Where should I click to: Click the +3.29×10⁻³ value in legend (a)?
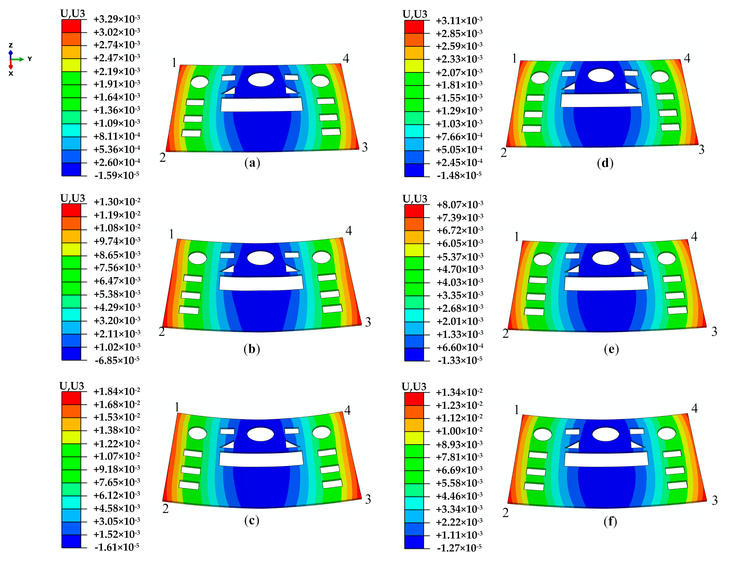pos(116,19)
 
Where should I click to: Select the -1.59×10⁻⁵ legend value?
pos(116,175)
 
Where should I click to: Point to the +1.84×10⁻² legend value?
pos(116,391)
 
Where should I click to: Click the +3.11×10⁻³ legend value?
pos(459,20)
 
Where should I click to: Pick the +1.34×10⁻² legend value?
pos(459,392)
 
